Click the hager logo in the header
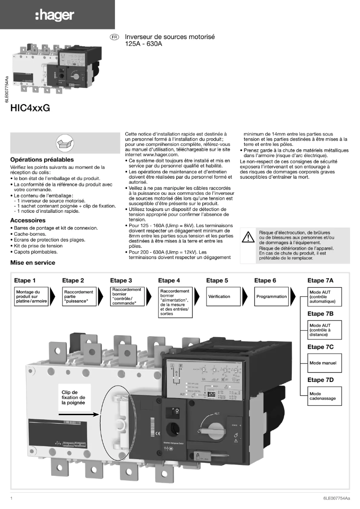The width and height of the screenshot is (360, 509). point(54,15)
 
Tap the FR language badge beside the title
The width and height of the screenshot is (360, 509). point(115,37)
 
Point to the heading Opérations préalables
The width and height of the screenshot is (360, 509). point(42,159)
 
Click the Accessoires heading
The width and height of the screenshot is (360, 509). point(28,220)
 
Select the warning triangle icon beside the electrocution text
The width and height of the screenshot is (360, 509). point(248,238)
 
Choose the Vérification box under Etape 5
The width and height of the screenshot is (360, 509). point(219,297)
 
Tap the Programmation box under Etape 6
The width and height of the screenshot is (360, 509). point(272,297)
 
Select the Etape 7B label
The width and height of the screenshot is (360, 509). point(320,314)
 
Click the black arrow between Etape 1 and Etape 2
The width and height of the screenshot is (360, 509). point(54,297)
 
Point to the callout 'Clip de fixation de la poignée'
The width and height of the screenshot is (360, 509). point(73,397)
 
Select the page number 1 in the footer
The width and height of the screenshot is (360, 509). point(11,498)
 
